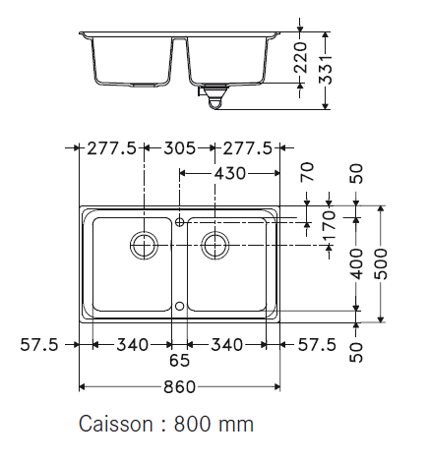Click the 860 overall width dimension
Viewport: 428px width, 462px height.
click(179, 387)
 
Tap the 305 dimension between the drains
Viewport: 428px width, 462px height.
click(179, 148)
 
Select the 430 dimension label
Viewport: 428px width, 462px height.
click(229, 173)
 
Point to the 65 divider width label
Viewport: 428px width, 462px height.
click(179, 361)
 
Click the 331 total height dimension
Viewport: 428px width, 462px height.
click(326, 70)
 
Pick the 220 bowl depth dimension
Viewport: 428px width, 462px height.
click(301, 57)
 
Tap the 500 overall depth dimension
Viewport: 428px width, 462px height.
click(381, 263)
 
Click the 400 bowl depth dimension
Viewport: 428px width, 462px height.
click(357, 263)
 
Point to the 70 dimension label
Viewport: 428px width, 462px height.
click(307, 172)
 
